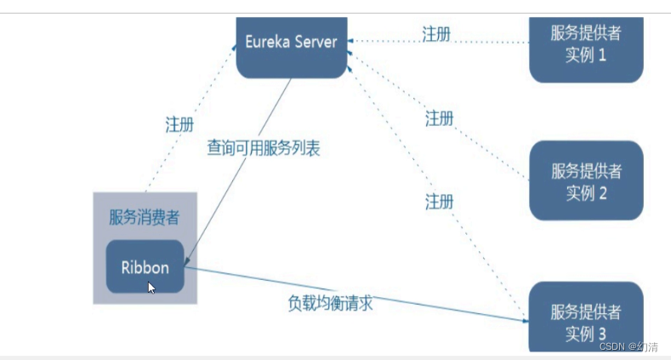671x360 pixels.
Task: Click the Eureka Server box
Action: click(292, 45)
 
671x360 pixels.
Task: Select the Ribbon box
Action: click(145, 267)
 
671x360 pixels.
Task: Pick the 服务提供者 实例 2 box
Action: click(586, 181)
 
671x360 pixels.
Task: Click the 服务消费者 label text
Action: click(145, 217)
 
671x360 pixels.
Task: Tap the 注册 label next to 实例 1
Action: click(436, 34)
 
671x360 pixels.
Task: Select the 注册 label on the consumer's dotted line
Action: click(179, 124)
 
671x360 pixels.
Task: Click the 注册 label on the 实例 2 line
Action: click(439, 118)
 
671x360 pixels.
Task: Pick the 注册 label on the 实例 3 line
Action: click(439, 203)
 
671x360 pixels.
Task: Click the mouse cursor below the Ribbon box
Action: click(151, 288)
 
